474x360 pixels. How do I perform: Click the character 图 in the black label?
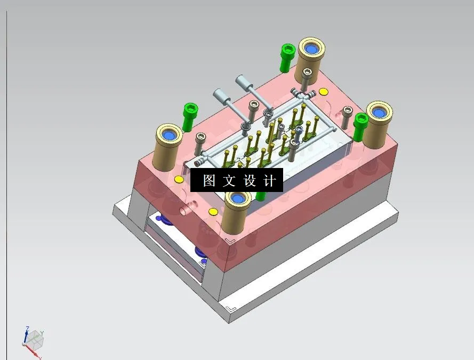coord(208,181)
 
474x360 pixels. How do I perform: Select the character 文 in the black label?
coord(229,181)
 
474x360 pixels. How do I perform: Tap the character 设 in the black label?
coord(250,181)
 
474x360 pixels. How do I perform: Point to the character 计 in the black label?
coord(270,181)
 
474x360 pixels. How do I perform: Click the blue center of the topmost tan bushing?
coord(311,50)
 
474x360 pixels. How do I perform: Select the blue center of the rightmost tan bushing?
coord(379,113)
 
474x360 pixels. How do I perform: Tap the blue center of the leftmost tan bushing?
coord(170,134)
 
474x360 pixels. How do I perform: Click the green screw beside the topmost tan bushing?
coord(287,57)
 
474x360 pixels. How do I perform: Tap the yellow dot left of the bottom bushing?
coord(213,212)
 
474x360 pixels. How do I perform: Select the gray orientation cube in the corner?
coord(36,338)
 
